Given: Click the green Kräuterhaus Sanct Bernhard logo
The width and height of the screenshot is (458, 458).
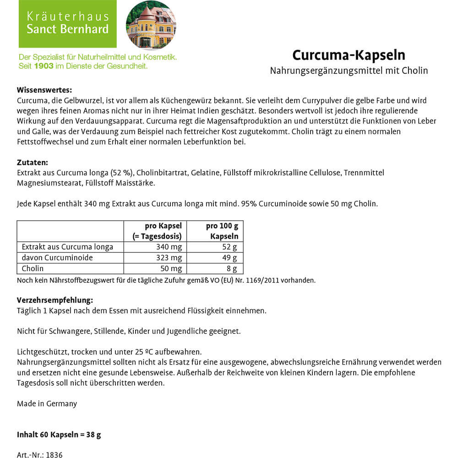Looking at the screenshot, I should pos(67,23).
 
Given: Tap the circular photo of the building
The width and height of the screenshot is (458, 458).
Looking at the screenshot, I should pos(151,25).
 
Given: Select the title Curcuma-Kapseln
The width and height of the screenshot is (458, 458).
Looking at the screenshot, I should pos(349,55).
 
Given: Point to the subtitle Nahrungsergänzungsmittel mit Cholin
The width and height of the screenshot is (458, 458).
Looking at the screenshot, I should pos(349,71).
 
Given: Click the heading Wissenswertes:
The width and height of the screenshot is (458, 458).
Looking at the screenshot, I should pos(44,90).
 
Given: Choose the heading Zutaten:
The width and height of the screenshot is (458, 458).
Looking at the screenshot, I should pos(32,163).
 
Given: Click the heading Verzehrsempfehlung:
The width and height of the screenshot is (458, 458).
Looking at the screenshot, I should pos(55,300).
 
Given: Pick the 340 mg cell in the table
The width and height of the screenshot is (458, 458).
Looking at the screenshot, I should pos(169,247).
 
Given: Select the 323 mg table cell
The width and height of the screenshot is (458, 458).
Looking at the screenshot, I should pos(169,258).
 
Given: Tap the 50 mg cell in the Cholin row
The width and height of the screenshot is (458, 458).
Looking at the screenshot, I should pos(172,269).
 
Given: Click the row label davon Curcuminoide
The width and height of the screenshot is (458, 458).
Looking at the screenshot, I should pos(57,258).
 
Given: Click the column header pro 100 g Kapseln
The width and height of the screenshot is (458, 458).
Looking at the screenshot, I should pos(222,231).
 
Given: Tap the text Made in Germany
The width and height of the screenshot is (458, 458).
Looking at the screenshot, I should pos(47,403).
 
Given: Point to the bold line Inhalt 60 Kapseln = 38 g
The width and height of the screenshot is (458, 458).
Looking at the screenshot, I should pos(59,435).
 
